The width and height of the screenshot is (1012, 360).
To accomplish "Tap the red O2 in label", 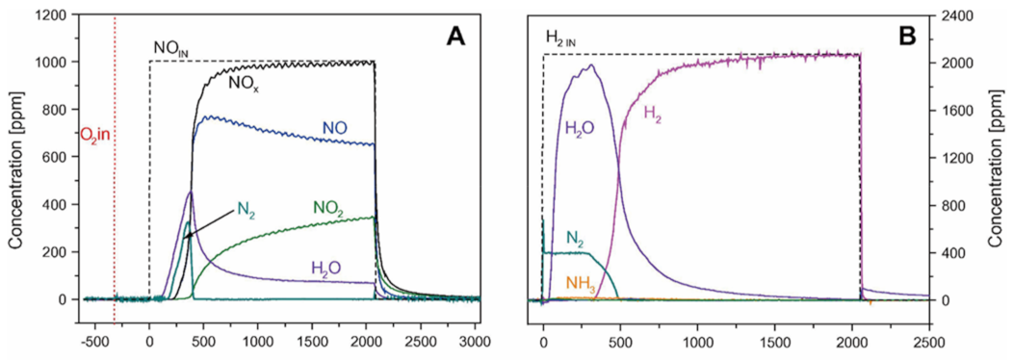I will (x=95, y=135).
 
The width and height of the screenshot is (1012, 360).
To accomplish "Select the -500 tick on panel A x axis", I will (x=93, y=340).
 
